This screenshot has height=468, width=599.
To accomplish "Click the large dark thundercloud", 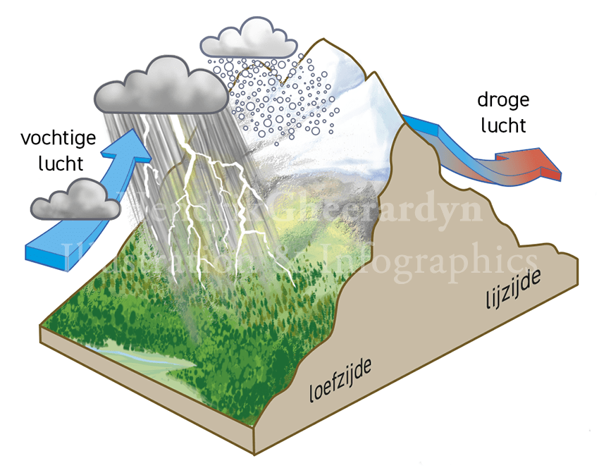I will [159, 87].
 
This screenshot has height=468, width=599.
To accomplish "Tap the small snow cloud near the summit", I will [249, 39].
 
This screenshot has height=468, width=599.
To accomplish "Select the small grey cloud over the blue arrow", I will [76, 199].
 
